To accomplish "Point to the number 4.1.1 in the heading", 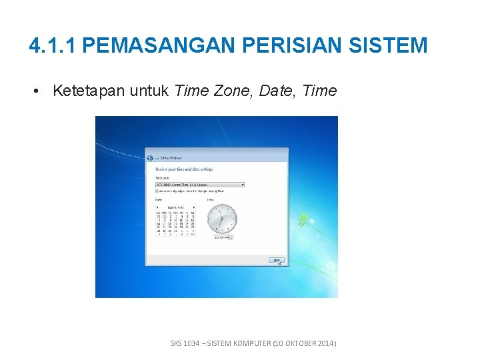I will (54, 45).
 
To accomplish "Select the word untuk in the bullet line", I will (149, 91).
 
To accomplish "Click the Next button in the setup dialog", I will (277, 260).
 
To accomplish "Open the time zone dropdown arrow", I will (242, 185).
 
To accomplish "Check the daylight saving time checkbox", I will (157, 191).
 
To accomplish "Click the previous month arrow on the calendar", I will (158, 207).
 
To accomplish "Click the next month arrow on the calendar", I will (193, 207).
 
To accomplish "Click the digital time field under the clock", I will (220, 237).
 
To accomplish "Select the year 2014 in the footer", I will (325, 343).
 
